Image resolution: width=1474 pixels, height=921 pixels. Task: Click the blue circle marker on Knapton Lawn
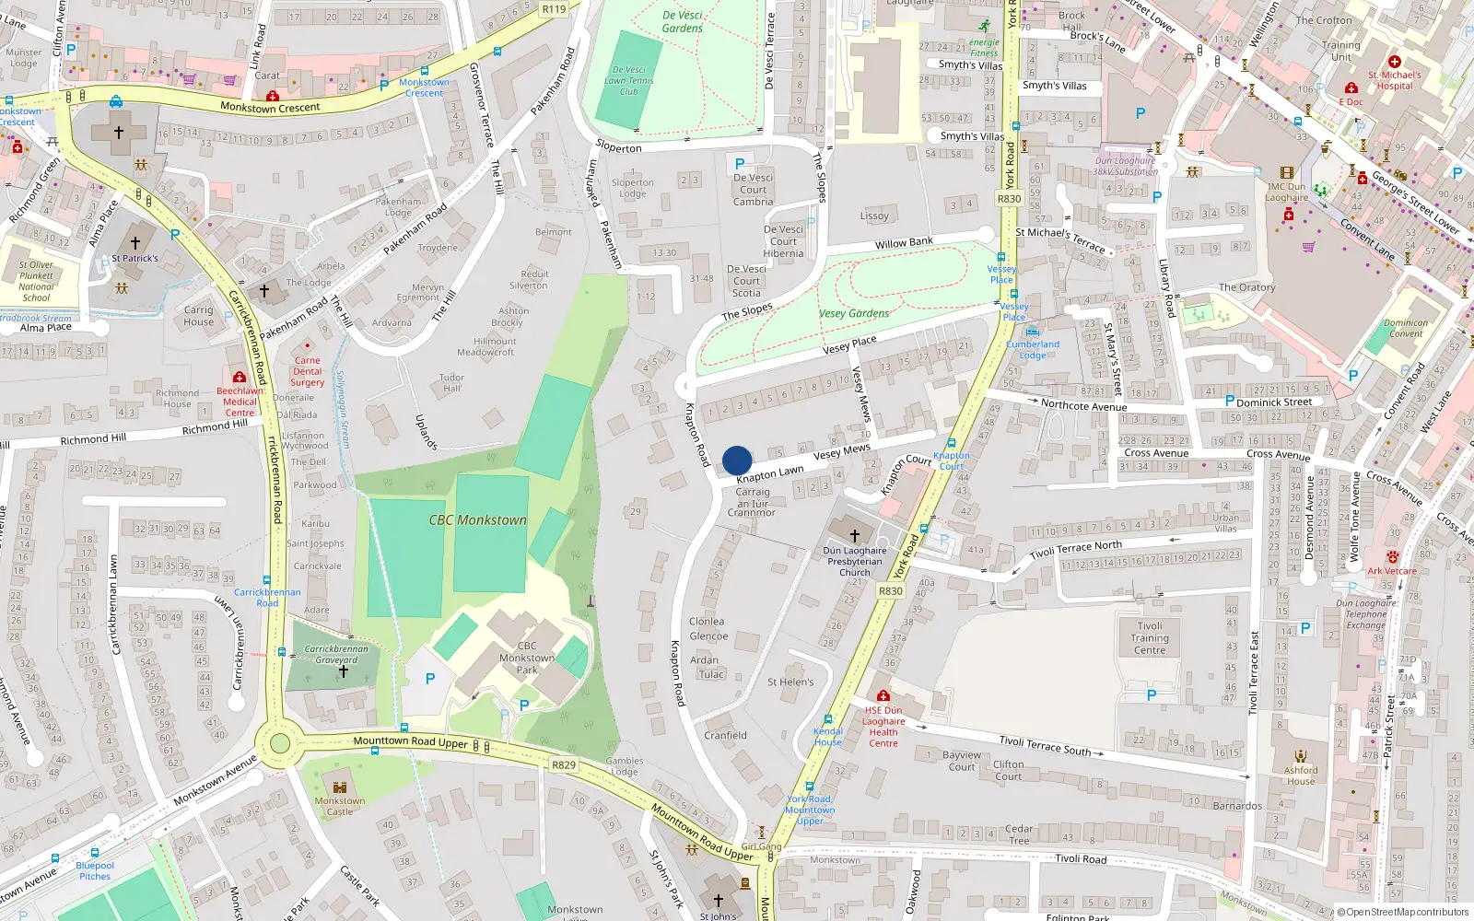(x=737, y=460)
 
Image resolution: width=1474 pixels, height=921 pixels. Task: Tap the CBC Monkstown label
(x=477, y=520)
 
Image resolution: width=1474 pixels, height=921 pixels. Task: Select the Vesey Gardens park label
(x=854, y=313)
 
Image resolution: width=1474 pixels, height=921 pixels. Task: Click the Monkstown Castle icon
(x=340, y=787)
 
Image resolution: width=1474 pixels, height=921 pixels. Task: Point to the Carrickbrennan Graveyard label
(x=336, y=654)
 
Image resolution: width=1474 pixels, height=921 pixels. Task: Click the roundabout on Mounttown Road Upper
(x=280, y=743)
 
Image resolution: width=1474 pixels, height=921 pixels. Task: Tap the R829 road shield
(x=564, y=765)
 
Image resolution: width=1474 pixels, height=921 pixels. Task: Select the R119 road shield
(x=554, y=9)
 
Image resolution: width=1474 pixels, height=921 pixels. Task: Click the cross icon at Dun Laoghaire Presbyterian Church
(x=854, y=535)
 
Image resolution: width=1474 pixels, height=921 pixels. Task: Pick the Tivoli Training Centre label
(x=1150, y=637)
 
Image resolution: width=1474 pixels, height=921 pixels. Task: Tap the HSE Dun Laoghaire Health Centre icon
(x=883, y=696)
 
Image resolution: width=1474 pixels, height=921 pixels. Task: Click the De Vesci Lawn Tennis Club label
(x=628, y=80)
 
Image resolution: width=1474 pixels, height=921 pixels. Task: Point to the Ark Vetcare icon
(x=1392, y=557)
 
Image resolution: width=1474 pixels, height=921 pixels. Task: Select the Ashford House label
(x=1301, y=775)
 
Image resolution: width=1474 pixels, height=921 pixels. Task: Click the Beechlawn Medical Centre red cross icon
(x=240, y=377)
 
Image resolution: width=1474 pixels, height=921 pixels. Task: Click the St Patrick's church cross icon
(x=135, y=243)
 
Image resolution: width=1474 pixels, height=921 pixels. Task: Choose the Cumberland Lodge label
(x=1032, y=350)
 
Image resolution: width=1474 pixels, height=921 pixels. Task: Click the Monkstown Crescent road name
(x=270, y=108)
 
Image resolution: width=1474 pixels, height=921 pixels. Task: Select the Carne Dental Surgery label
(x=307, y=371)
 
